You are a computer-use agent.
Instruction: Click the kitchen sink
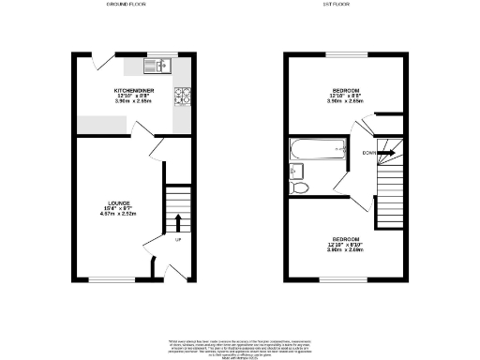(x=156, y=66)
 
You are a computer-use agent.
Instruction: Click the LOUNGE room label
(x=117, y=203)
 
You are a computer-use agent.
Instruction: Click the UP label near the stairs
(x=178, y=238)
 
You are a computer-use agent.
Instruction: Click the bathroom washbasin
(x=294, y=171)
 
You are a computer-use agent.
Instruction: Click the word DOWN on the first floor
(x=369, y=152)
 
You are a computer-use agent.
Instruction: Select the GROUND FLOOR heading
(x=131, y=6)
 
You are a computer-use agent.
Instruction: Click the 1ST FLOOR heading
(x=346, y=6)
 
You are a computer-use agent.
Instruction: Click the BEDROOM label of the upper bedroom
(x=345, y=87)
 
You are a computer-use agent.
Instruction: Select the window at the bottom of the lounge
(x=103, y=278)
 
